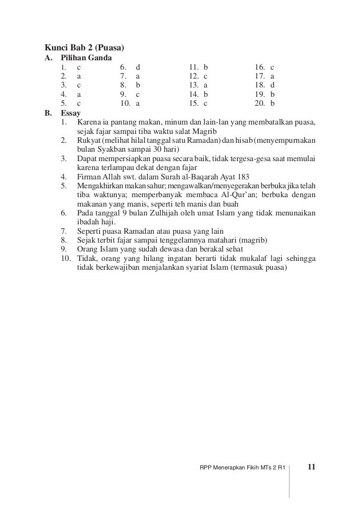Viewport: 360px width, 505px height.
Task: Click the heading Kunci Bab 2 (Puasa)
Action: [x=84, y=48]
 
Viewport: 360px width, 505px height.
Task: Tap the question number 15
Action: [x=193, y=104]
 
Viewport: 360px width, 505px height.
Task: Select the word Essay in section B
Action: [x=71, y=113]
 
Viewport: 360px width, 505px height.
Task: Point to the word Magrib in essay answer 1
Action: [x=223, y=131]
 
